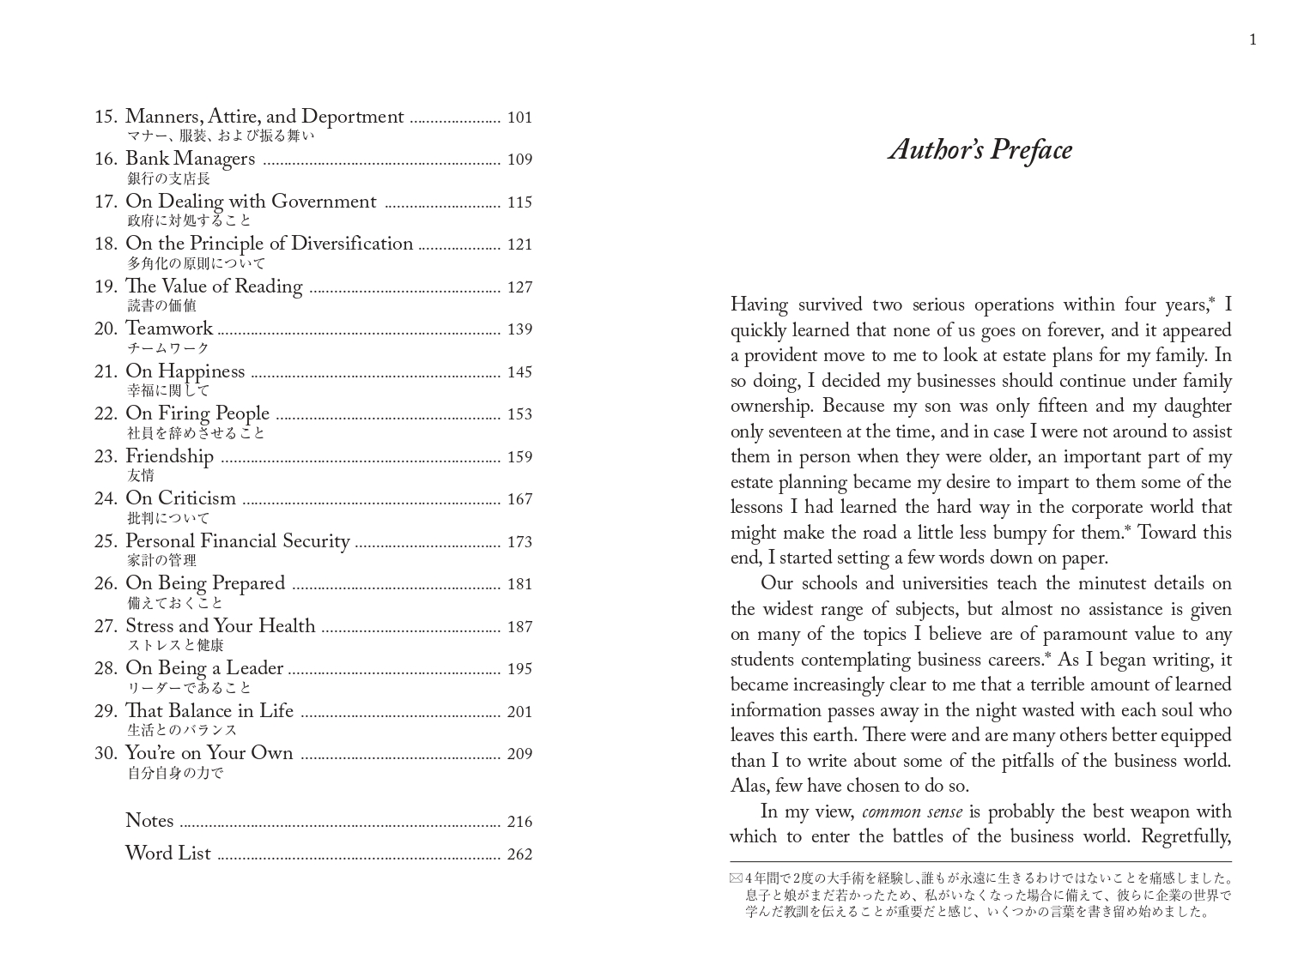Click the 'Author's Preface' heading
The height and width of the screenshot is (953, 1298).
click(x=980, y=150)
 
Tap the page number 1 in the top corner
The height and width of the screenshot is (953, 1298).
click(x=1253, y=39)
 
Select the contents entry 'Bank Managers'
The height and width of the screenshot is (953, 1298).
click(x=190, y=160)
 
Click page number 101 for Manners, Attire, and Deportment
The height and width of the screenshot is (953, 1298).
click(x=519, y=118)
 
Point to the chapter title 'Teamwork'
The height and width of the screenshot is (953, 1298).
click(x=169, y=329)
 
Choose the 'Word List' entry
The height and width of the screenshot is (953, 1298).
click(x=167, y=853)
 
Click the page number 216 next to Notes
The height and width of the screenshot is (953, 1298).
click(x=519, y=822)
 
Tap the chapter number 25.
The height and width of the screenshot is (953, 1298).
click(x=106, y=541)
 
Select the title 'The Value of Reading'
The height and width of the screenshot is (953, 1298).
click(x=214, y=287)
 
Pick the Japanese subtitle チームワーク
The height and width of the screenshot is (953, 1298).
click(x=168, y=348)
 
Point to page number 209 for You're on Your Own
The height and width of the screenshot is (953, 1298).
click(x=519, y=754)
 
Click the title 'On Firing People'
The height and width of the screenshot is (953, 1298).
click(x=197, y=413)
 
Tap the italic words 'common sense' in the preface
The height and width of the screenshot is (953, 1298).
click(x=912, y=811)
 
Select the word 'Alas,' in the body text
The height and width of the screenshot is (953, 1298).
click(x=749, y=786)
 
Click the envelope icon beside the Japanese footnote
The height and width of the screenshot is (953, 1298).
click(x=736, y=878)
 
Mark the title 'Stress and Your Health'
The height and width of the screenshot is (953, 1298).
click(x=221, y=626)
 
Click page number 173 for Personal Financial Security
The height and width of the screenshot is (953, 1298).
click(x=519, y=541)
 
